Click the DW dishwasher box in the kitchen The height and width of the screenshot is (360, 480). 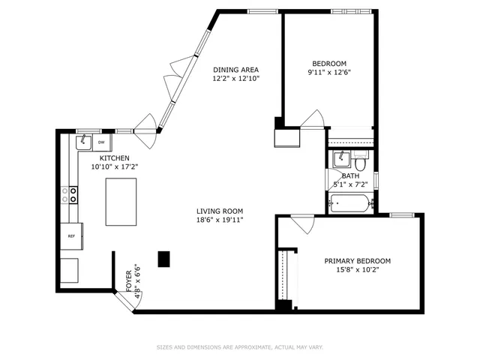point(101,141)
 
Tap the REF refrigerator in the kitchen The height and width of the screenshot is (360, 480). point(72,235)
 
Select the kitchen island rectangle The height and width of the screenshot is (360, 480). point(121,201)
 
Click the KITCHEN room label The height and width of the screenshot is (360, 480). point(115,158)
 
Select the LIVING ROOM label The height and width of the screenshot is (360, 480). point(220,211)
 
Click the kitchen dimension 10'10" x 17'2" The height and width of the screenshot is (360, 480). point(115,167)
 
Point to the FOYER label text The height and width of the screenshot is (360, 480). point(128,282)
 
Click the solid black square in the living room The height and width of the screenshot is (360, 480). point(164,259)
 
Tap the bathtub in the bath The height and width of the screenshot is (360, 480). point(350,202)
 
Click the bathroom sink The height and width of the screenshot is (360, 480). point(340,158)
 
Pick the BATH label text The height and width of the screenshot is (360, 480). point(350,175)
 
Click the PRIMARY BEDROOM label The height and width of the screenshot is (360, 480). point(357,261)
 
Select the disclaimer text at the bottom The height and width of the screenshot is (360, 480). point(239,347)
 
